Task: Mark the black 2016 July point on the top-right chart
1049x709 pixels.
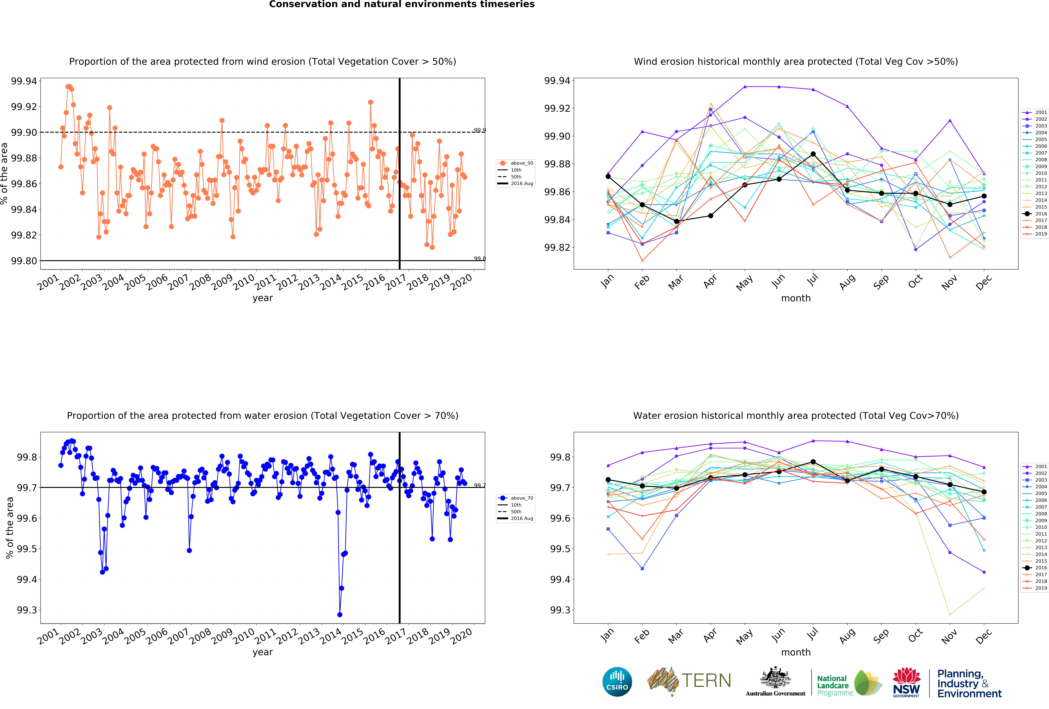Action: (x=813, y=154)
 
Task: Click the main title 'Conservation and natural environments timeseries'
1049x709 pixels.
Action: (x=402, y=5)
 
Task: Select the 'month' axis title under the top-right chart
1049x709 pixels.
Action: (x=796, y=298)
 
